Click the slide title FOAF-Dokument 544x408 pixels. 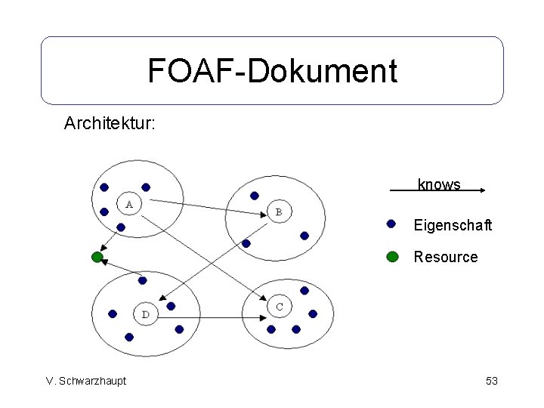(272, 71)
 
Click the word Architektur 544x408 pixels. (110, 122)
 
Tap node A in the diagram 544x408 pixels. (129, 203)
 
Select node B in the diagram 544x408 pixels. (279, 212)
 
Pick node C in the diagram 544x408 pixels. (280, 306)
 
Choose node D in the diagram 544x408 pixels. (145, 314)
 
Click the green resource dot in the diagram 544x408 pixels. (97, 257)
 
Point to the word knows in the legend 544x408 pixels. (439, 184)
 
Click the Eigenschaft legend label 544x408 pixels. (453, 225)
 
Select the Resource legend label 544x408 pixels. (446, 257)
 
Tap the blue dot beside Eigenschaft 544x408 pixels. (391, 224)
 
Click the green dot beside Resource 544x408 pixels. (392, 256)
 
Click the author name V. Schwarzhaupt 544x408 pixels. (85, 381)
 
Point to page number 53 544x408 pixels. (492, 381)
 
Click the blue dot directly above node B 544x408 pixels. (255, 195)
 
